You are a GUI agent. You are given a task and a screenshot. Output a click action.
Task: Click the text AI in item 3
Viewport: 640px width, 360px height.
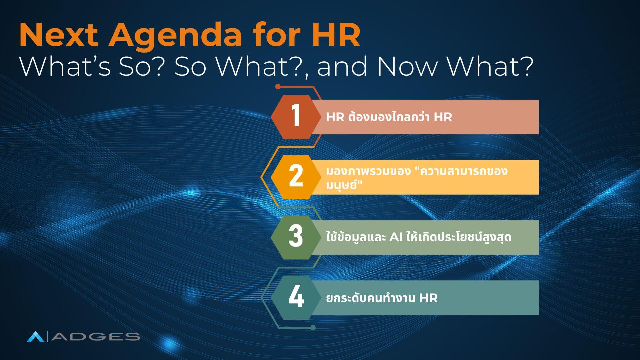click(x=396, y=237)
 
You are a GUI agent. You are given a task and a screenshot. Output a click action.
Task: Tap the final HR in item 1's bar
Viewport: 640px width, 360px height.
click(x=443, y=117)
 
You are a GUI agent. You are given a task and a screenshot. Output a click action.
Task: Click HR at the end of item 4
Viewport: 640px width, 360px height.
click(x=428, y=298)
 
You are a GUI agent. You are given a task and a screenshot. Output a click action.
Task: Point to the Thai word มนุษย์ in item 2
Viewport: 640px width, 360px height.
click(x=341, y=185)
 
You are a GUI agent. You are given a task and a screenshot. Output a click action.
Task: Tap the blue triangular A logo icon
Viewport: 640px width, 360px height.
click(x=35, y=337)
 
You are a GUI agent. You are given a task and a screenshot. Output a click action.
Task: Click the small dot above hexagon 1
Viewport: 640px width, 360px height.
click(x=278, y=87)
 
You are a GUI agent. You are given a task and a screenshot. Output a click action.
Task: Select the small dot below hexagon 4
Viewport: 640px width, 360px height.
click(x=313, y=328)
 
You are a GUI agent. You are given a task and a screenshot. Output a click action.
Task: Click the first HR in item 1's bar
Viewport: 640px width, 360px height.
click(x=335, y=117)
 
